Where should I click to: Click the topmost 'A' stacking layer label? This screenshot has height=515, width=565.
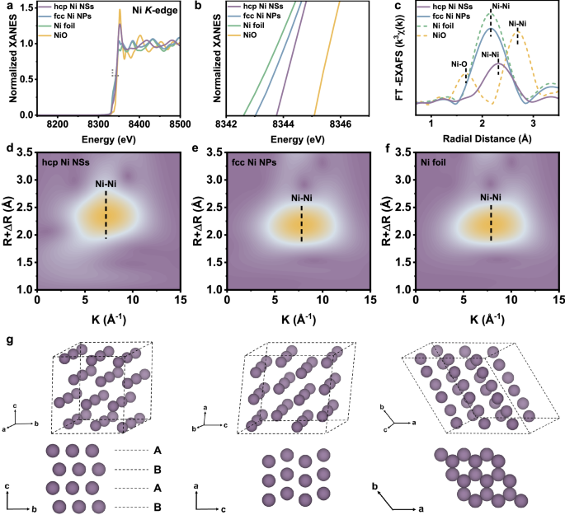coord(157,452)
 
